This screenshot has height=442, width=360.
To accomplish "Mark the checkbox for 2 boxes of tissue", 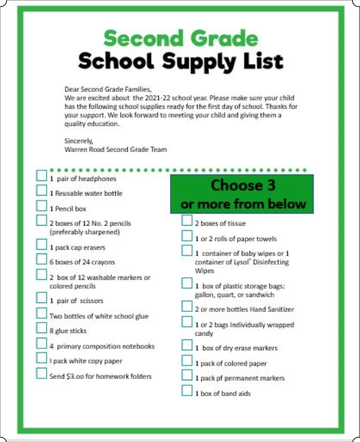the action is coord(187,221).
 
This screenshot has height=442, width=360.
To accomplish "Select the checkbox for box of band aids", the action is coord(187,391).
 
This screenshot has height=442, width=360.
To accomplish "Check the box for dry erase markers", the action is coord(187,345).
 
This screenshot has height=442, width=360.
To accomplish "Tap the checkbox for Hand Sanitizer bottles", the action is coord(187,307).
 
